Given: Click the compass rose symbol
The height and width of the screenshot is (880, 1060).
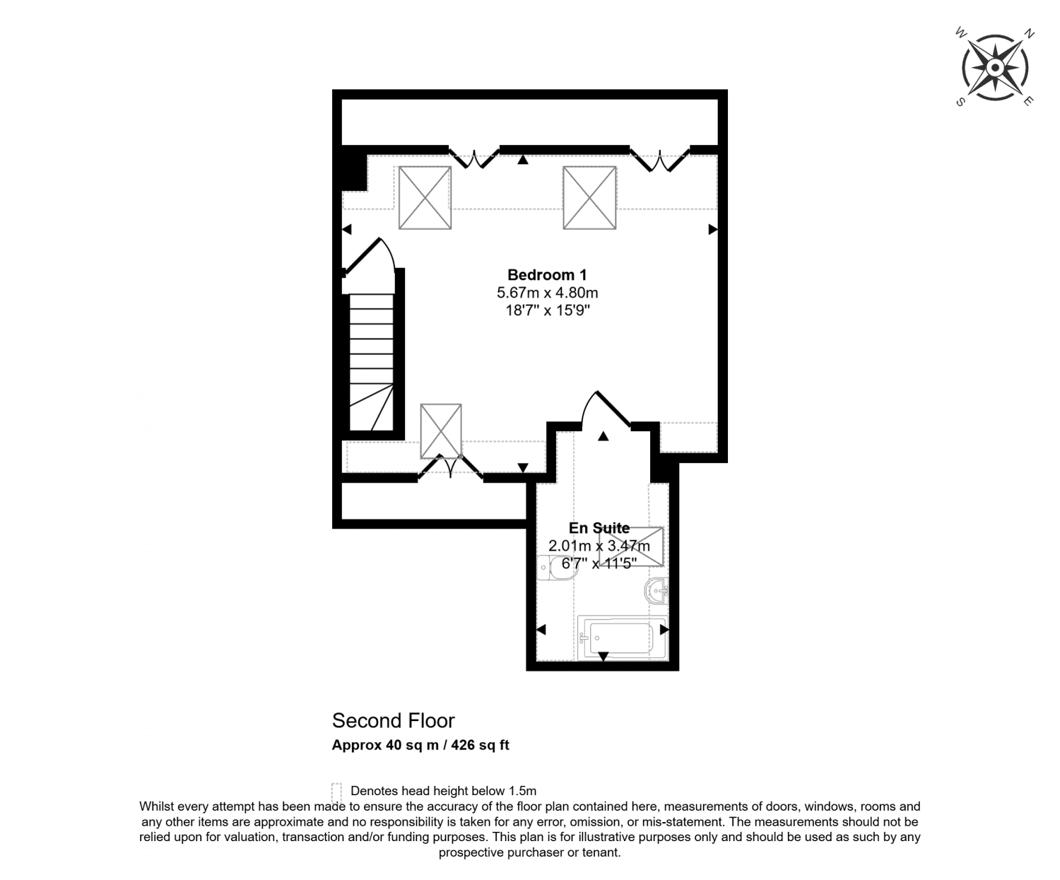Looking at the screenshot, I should point(994,68).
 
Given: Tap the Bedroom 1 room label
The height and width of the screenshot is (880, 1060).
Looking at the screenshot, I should point(547,275).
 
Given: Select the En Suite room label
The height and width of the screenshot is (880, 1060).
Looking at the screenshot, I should point(599,528).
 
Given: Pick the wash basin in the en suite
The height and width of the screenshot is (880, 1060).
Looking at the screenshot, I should point(656,591).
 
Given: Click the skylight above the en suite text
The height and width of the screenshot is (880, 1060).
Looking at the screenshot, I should point(631,546).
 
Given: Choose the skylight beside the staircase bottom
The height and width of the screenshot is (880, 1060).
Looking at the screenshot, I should point(441,430).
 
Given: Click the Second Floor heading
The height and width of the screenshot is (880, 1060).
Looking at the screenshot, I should point(393,721).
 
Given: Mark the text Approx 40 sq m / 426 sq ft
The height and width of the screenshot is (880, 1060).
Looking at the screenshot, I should point(420,745).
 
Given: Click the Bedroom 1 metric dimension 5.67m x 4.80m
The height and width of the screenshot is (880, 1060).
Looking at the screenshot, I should point(547,293).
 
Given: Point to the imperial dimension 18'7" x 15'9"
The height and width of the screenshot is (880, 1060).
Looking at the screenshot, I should point(547,310).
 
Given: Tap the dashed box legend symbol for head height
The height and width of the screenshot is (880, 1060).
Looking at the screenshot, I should point(336,791).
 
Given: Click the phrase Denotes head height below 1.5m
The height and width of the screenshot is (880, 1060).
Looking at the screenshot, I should point(443,791).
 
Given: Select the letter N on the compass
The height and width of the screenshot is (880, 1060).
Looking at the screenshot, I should point(1030,33).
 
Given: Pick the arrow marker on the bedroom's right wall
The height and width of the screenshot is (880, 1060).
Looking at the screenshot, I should point(713,230).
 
